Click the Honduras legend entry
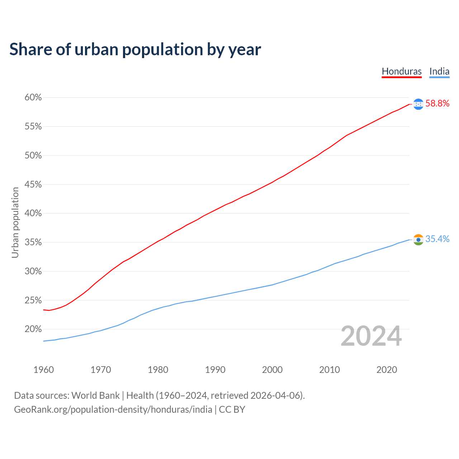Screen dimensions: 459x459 point(402,71)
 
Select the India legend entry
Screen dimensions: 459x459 point(439,71)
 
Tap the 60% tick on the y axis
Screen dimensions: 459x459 point(33,98)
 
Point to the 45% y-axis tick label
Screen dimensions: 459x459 point(33,185)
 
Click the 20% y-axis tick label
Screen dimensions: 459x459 point(33,329)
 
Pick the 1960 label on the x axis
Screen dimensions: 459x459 point(43,370)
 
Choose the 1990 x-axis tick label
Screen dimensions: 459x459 point(215,370)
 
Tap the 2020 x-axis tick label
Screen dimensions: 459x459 point(387,370)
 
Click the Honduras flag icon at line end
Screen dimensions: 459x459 point(418,104)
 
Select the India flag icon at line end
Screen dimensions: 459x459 point(418,240)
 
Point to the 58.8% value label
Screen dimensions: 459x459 point(437,104)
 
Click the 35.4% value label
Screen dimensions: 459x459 point(437,239)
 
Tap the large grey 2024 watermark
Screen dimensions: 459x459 point(371,336)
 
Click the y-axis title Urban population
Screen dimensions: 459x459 point(15,222)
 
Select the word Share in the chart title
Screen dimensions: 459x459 point(30,49)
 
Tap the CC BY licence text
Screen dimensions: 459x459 point(232,410)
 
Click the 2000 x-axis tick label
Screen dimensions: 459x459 point(272,370)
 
